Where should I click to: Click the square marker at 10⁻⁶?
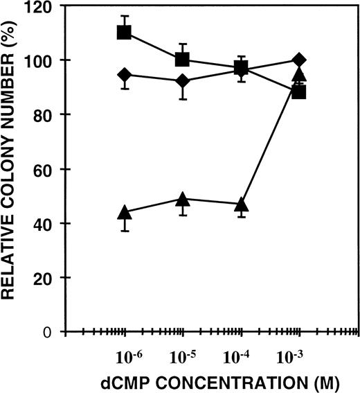125,32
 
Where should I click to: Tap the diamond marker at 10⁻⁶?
125,75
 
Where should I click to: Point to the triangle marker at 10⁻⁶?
125,212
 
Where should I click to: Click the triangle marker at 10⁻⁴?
241,205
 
